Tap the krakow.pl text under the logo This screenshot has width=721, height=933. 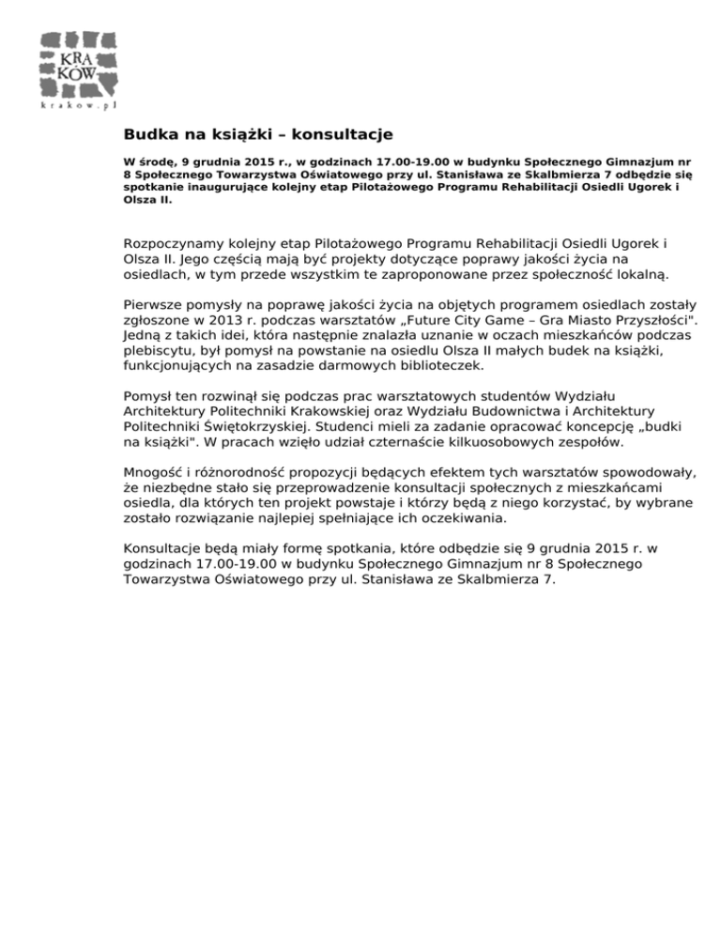[80, 106]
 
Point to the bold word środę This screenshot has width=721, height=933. [156, 161]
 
